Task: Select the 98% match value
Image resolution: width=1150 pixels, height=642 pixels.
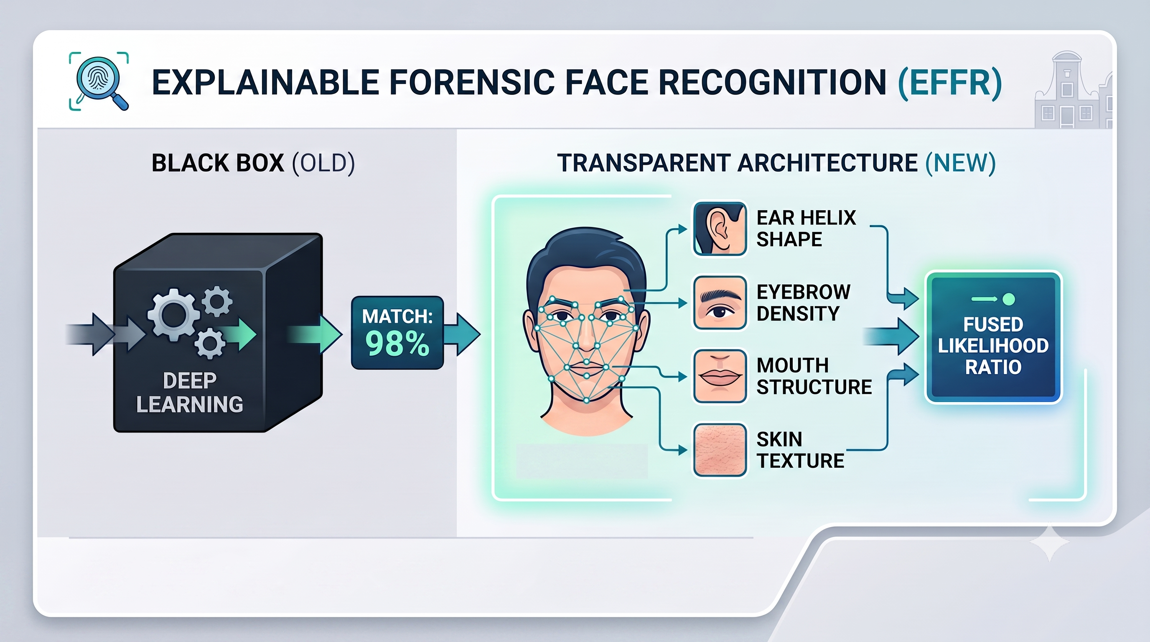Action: pyautogui.click(x=397, y=343)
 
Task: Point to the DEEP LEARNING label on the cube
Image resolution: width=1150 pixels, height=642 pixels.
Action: pyautogui.click(x=190, y=392)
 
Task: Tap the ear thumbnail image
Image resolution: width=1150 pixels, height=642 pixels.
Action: pyautogui.click(x=720, y=228)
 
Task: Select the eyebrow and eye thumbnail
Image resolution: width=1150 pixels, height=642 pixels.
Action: pyautogui.click(x=720, y=303)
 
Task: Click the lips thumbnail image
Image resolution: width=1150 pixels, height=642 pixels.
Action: pyautogui.click(x=720, y=376)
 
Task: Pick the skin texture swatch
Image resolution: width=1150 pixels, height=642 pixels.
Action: pyautogui.click(x=720, y=450)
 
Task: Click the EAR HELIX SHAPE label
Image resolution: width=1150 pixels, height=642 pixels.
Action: pyautogui.click(x=806, y=229)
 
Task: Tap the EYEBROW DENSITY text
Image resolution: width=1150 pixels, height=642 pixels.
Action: pyautogui.click(x=804, y=303)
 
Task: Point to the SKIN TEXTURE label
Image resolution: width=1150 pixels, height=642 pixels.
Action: pyautogui.click(x=800, y=450)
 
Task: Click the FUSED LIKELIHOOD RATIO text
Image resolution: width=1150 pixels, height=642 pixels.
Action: pyautogui.click(x=993, y=346)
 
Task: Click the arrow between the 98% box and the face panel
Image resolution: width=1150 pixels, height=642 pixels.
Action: pyautogui.click(x=462, y=334)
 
